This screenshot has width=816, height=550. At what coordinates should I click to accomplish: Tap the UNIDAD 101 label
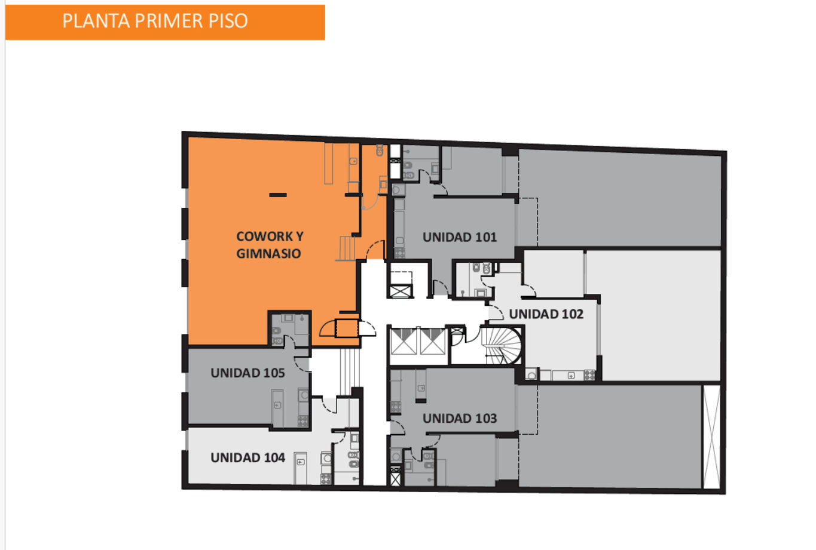460,237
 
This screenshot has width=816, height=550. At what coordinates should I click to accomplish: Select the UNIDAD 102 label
546,314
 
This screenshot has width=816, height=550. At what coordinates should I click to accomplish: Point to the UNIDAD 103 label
460,419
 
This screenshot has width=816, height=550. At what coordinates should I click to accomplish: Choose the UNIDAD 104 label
247,458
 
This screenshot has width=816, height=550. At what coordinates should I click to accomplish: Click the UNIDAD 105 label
247,373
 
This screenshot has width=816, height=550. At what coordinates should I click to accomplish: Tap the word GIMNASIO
269,253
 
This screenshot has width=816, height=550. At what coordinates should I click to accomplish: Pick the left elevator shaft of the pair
404,342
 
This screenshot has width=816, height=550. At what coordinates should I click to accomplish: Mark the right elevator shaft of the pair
433,342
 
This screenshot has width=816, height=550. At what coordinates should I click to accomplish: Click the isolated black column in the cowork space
278,195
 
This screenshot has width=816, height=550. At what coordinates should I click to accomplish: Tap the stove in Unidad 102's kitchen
589,375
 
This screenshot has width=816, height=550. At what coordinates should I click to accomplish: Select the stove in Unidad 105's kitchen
303,421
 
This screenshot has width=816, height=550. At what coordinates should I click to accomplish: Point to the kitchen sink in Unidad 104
301,462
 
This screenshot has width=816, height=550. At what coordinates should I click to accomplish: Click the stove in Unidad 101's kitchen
399,253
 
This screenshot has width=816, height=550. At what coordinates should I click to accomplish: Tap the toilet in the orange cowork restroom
380,150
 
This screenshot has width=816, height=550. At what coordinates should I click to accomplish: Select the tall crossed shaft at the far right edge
711,437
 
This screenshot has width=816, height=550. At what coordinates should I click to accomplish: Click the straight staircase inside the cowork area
346,248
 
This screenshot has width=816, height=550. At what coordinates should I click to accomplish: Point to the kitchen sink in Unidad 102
571,375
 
